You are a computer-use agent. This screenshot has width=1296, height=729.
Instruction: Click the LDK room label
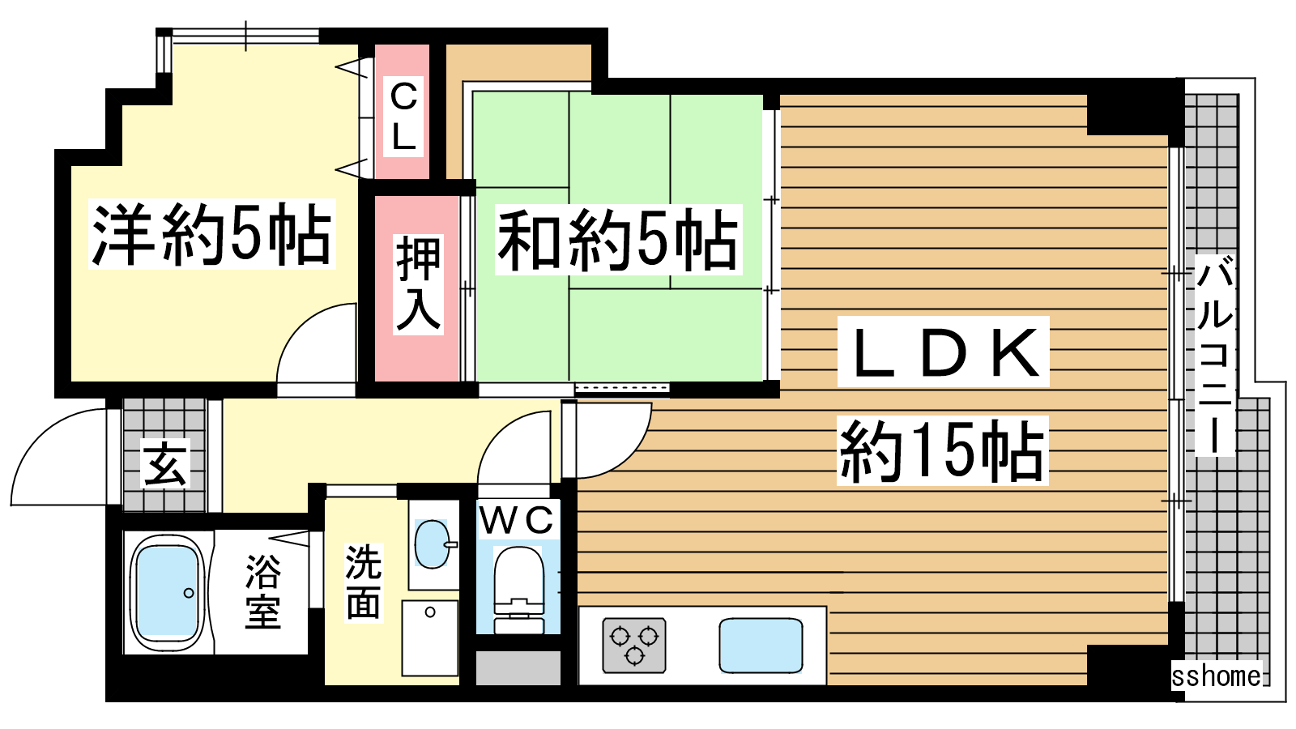pos(944,352)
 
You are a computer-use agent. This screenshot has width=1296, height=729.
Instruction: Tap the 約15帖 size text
pos(942,450)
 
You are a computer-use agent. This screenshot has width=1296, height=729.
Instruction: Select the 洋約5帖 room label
pos(211,234)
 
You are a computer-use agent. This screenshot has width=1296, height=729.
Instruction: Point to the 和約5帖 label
pos(618,240)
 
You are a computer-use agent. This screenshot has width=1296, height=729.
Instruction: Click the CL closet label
pos(403,117)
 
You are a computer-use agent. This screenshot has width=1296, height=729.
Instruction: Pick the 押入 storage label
pos(418,284)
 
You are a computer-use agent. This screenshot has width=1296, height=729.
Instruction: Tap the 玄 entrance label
pos(165,463)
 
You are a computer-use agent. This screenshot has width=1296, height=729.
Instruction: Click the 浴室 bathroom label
pos(263,591)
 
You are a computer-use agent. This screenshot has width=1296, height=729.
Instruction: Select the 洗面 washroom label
pos(364,582)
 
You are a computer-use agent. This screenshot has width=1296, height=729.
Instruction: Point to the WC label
pos(517,520)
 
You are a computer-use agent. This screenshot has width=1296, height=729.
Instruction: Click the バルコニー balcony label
pos(1215,356)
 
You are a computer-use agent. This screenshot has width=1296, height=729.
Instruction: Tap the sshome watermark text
pos(1216,676)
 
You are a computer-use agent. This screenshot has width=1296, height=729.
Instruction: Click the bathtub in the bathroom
pos(168,593)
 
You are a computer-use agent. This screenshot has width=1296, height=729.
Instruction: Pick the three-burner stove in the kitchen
pos(634,645)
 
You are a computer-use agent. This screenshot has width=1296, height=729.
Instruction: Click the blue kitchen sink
pos(761,645)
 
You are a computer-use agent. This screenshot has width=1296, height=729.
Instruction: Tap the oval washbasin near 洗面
pos(433,544)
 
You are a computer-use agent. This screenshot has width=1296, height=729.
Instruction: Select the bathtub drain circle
pos(189,593)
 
